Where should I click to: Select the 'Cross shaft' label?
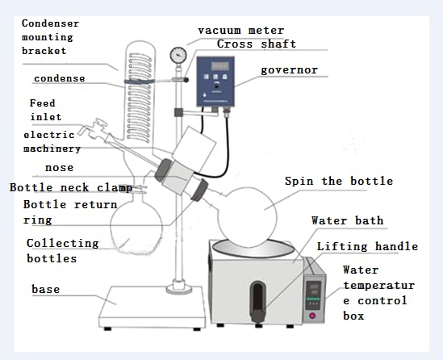click(257, 44)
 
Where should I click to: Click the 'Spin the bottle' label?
click(338, 181)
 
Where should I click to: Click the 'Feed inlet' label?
click(45, 110)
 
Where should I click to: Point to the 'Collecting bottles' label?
click(62, 250)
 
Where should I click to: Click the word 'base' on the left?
click(45, 288)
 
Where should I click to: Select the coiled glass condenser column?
click(135, 97)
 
